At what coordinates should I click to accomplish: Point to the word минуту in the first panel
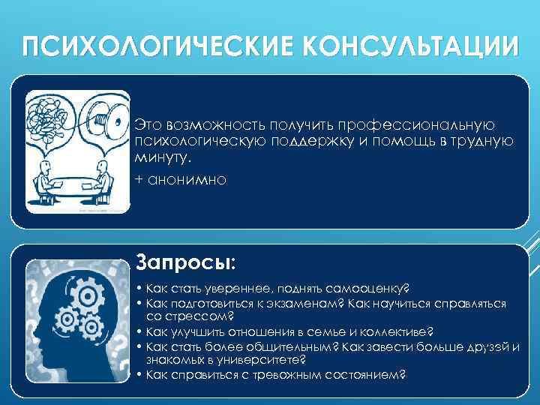tap(160, 159)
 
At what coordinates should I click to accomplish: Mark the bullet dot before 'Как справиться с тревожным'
tap(141, 374)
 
